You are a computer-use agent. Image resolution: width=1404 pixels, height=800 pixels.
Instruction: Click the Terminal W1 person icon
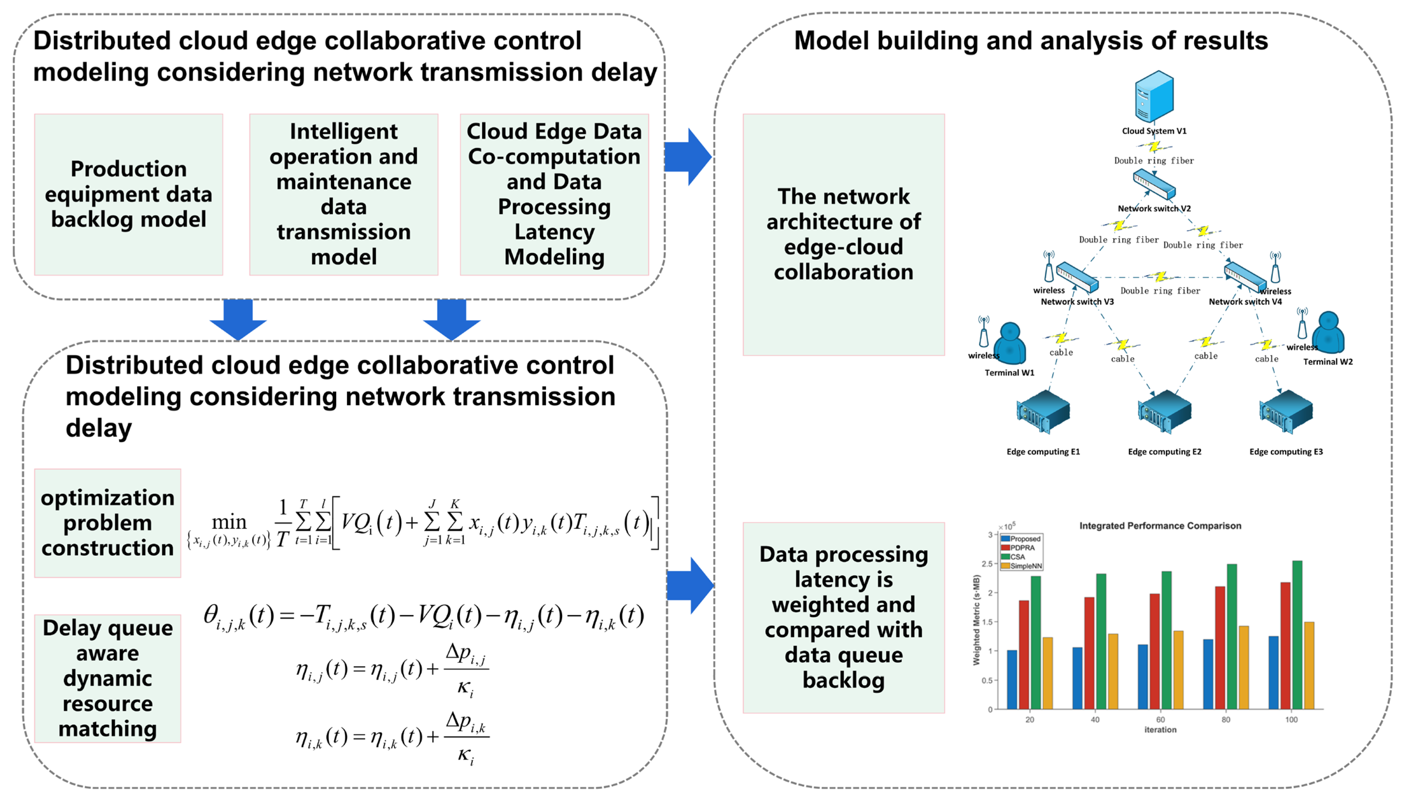1010,343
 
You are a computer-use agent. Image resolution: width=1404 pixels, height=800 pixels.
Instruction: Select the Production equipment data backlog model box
128,194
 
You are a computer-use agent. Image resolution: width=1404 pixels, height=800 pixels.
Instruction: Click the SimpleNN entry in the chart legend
1024,566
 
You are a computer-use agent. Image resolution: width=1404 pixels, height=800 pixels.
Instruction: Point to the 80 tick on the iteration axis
1225,719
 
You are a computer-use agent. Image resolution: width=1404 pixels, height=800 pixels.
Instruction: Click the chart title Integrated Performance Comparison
1160,526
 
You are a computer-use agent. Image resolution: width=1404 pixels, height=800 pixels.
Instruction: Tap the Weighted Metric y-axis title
976,620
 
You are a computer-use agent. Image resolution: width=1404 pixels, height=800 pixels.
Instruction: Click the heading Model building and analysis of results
1030,41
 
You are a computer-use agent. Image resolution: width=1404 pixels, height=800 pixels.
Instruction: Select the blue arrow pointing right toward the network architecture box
688,157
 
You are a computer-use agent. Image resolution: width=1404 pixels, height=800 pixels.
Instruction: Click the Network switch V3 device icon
1077,277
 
